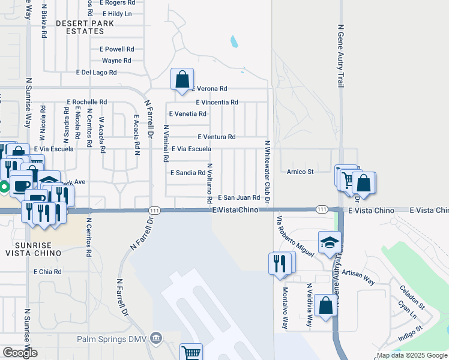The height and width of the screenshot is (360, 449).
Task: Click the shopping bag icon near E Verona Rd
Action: point(182,79)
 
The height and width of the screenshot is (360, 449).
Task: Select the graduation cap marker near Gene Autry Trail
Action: point(329,242)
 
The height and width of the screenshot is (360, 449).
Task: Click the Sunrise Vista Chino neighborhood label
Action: point(33,250)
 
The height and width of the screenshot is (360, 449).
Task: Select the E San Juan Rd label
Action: point(238,197)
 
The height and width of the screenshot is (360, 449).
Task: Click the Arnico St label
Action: point(300,172)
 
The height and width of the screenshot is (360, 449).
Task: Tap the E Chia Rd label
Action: point(48,272)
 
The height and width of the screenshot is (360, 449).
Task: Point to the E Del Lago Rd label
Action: point(96,73)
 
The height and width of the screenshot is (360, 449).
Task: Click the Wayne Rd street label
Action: point(116,61)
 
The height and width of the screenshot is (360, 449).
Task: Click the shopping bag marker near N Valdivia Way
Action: point(325,306)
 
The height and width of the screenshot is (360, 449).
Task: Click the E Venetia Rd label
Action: point(188,113)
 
